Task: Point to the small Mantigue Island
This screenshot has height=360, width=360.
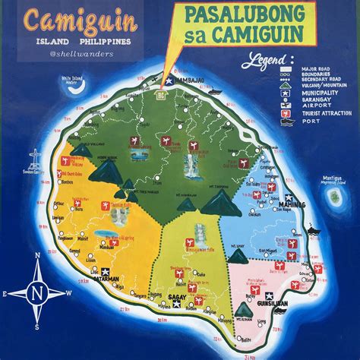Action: (x=333, y=196)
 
